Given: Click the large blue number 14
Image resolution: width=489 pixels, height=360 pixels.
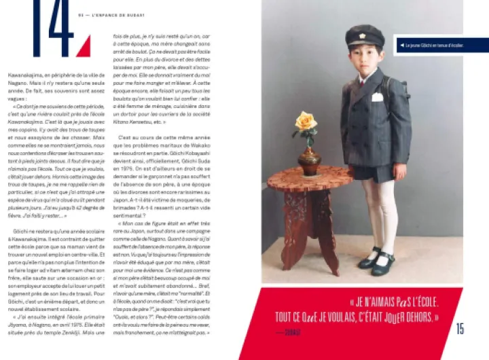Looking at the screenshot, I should click(x=53, y=27).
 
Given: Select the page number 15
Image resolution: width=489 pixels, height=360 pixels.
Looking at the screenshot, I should click(x=460, y=329).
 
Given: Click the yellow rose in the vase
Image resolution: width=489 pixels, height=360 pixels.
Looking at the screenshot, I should click(x=306, y=122).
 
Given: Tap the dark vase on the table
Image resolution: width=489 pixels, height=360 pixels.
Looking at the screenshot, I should click(x=309, y=160).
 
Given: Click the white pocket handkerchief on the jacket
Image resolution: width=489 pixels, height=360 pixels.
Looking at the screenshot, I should click(x=377, y=97).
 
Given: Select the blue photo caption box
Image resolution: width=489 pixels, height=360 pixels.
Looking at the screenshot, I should click(x=441, y=46).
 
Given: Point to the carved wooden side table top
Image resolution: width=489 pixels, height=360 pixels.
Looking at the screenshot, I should click(x=310, y=179).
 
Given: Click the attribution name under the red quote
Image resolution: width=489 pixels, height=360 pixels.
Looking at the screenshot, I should click(x=293, y=333).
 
